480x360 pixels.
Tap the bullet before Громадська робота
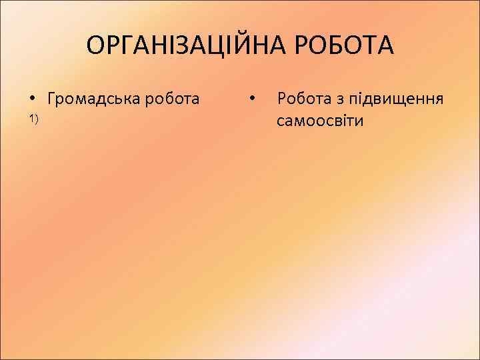click(32, 99)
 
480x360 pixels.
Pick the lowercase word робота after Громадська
click(173, 99)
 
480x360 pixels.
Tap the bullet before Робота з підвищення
click(252, 99)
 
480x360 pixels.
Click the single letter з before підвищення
click(338, 100)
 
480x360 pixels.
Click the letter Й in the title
click(245, 46)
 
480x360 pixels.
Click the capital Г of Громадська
click(52, 99)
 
